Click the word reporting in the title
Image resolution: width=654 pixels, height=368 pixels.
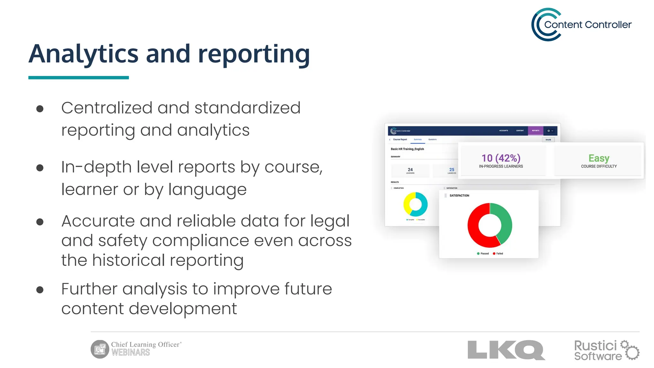(x=254, y=54)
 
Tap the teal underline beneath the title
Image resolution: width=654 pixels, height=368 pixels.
(x=79, y=78)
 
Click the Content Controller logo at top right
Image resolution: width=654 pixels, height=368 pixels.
(x=581, y=25)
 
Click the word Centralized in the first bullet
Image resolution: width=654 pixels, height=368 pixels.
(x=107, y=108)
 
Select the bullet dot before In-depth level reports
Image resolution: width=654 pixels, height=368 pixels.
(x=40, y=168)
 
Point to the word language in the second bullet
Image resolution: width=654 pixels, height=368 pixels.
(x=207, y=189)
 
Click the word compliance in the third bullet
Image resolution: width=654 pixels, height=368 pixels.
(x=201, y=241)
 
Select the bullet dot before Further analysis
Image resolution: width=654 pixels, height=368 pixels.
(x=40, y=290)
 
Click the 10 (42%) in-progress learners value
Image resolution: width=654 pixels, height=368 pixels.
(x=501, y=158)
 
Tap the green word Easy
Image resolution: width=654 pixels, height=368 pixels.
(x=599, y=158)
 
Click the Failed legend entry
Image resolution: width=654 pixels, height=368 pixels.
(x=498, y=254)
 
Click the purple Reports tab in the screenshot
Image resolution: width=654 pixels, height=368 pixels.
(x=536, y=131)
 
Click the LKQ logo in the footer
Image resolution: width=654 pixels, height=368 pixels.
(x=506, y=350)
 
